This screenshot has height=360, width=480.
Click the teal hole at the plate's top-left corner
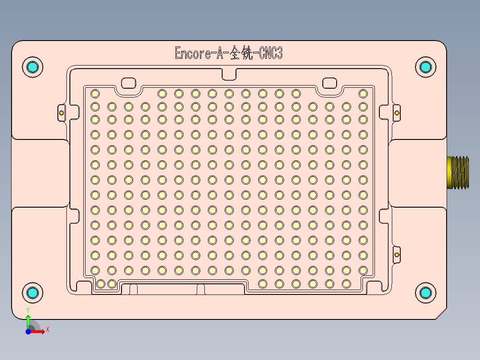[x=33, y=67]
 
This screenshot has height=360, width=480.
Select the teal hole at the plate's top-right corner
[x=426, y=67]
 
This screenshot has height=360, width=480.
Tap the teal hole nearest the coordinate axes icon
[x=33, y=292]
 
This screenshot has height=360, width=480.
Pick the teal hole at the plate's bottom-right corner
[x=426, y=292]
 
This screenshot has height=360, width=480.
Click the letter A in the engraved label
[x=219, y=54]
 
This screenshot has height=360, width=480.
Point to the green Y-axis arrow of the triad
[x=28, y=320]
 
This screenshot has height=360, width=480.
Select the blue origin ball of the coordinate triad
[x=28, y=331]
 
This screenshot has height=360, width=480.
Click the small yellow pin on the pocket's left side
[x=61, y=113]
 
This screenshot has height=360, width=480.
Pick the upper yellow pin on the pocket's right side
[x=397, y=113]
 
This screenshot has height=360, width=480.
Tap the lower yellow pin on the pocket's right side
[x=397, y=254]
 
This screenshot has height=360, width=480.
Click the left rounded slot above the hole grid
[x=129, y=83]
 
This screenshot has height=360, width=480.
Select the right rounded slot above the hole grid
[x=329, y=83]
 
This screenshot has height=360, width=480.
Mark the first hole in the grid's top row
[x=95, y=94]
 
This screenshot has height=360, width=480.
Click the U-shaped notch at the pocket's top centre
[x=229, y=74]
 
